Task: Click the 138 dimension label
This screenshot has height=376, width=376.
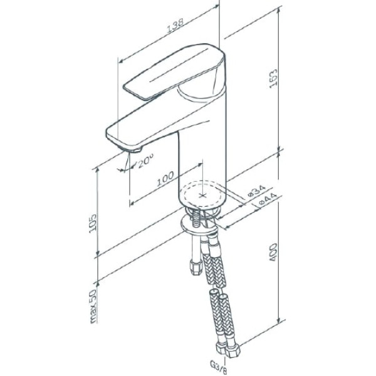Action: coord(175,25)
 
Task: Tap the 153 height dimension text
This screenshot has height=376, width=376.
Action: coord(273,78)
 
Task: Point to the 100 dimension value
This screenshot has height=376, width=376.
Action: coord(165,179)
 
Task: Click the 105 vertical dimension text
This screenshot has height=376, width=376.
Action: coord(92,224)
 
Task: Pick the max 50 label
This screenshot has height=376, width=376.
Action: coord(93,306)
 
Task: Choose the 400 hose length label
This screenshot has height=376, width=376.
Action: coord(273,253)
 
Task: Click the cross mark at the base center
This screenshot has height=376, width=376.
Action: coord(202,196)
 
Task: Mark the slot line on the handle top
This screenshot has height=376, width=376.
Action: coord(179,65)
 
